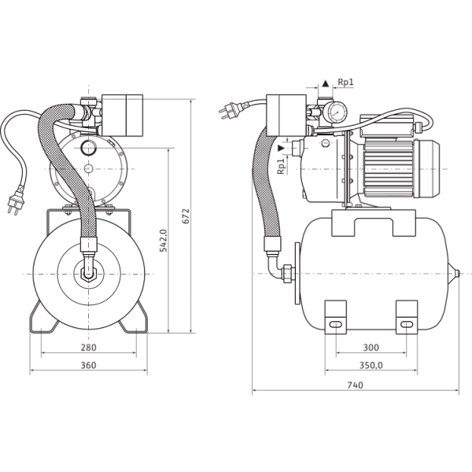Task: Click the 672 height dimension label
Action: click(x=186, y=216)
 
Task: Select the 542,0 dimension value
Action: click(x=163, y=241)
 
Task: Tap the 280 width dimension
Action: click(x=88, y=348)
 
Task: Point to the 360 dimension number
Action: click(x=88, y=365)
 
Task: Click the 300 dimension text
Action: click(x=371, y=348)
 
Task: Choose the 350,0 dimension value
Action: click(x=371, y=365)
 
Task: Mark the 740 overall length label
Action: click(x=356, y=385)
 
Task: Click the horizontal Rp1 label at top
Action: click(x=345, y=82)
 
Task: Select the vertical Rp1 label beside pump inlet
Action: click(x=281, y=167)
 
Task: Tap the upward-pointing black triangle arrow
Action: click(x=326, y=83)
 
